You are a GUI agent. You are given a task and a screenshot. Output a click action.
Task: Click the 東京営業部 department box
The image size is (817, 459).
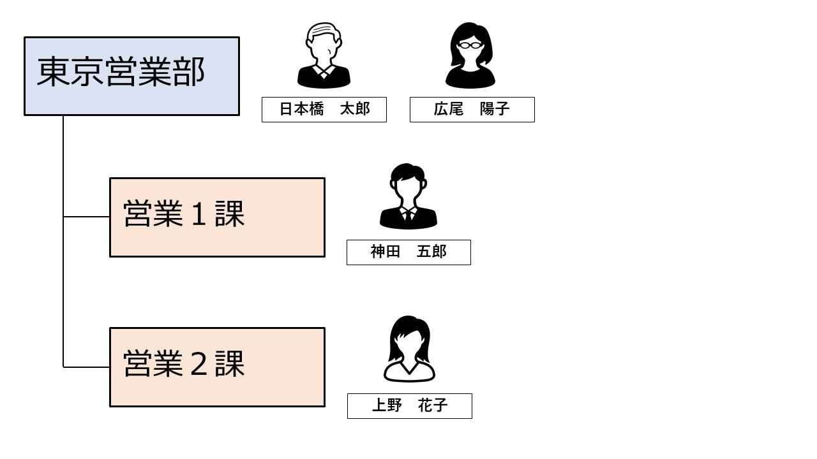pos(131,76)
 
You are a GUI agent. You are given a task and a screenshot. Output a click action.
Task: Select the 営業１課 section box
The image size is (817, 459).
pos(217,217)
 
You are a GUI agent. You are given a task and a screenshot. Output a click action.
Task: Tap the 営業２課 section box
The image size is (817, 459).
pos(217,367)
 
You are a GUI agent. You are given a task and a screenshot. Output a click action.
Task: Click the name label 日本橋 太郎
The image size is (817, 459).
pos(324,110)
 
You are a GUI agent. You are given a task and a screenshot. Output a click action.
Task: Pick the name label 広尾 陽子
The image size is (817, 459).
pos(472,110)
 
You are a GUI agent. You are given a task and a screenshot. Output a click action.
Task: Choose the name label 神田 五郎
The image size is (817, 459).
pos(408,252)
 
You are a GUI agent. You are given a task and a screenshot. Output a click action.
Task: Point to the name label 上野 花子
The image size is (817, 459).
pos(410,406)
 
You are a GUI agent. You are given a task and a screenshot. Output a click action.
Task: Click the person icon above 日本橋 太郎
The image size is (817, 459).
pos(324,55)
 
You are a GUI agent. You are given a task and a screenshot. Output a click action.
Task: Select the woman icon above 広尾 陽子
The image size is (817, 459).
pos(470,55)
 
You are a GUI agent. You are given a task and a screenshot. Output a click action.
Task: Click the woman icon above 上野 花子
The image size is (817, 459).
pos(409,349)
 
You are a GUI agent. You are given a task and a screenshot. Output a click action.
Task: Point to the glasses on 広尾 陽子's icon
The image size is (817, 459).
pos(470,45)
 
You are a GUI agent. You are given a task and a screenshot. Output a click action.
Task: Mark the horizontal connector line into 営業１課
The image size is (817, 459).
pos(86,217)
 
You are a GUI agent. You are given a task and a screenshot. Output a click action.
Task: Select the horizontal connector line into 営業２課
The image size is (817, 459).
pos(86,367)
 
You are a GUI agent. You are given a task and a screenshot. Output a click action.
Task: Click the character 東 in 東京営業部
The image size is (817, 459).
pos(52,72)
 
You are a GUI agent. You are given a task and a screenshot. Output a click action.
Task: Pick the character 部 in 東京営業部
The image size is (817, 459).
pos(189,72)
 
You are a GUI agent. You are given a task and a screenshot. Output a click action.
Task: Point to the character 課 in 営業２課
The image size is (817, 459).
pos(230,364)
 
